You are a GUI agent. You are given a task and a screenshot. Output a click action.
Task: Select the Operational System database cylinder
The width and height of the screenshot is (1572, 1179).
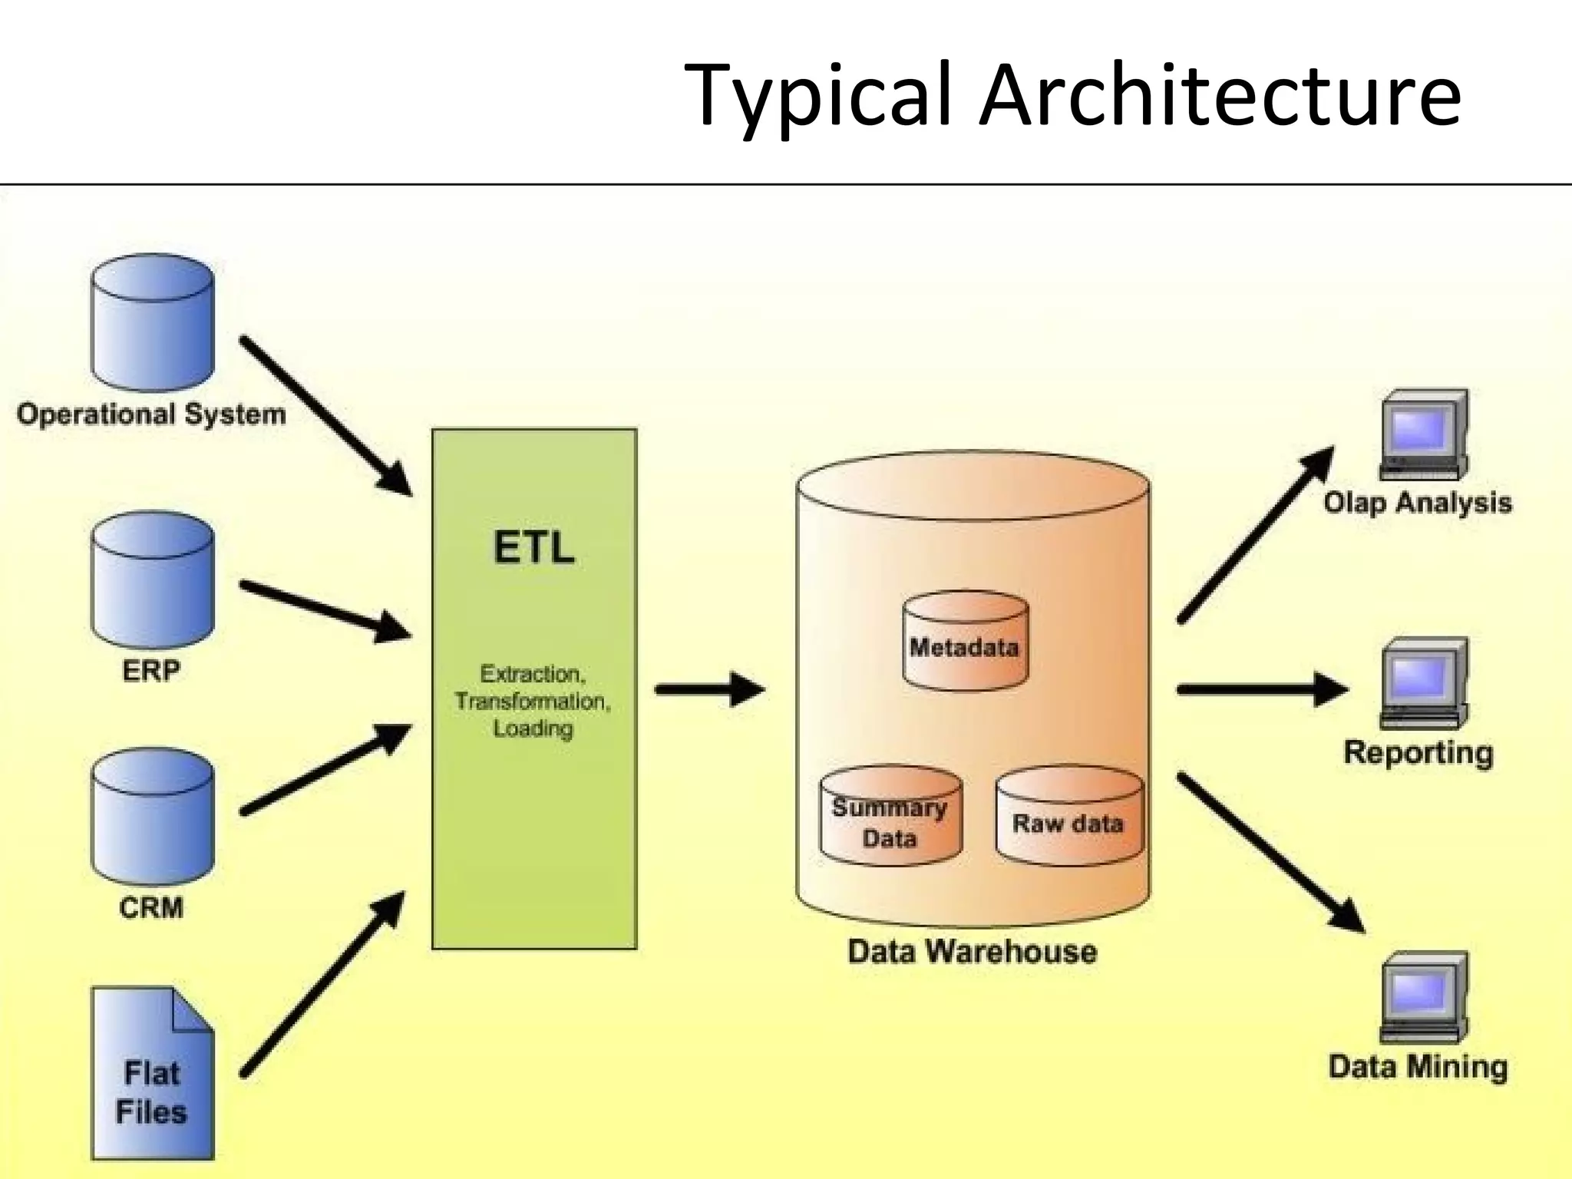coord(152,324)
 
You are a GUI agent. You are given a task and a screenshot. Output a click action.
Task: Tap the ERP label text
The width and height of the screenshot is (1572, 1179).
coord(151,671)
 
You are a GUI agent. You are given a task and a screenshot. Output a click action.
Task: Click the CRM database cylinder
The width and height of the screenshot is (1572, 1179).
coord(152,818)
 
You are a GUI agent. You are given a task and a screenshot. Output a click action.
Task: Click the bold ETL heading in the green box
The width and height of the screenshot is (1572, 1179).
coord(533,548)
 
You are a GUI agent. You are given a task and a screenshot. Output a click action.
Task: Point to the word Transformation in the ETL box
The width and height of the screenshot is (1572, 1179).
coord(532,702)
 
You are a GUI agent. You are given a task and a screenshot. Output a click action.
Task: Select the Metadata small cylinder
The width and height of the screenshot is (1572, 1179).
coord(965,642)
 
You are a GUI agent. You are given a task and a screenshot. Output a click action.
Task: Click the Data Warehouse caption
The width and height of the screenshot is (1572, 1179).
coord(972,952)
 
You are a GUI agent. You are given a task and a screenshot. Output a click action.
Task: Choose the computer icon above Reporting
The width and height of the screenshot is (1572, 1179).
coord(1424,683)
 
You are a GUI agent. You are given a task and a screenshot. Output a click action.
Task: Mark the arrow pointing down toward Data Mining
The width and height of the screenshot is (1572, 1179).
coord(1270,852)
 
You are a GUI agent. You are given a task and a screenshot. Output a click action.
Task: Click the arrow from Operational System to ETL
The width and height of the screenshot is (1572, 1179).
coord(325,415)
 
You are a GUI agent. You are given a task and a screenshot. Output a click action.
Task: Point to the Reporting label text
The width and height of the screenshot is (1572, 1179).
coord(1418,752)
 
